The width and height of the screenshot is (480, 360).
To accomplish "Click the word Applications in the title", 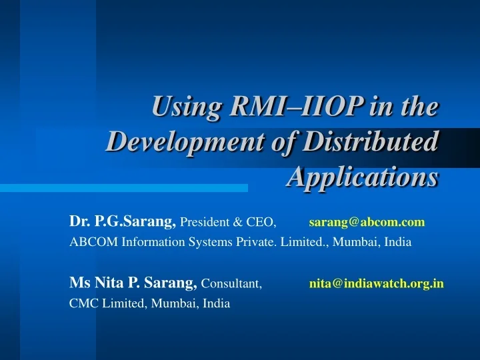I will point(363,177).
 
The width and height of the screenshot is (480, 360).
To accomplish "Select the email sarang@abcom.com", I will point(367,221).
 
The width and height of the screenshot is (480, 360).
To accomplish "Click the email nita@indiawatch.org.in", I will point(376,283).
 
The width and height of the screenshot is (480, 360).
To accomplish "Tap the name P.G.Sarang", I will point(135,221).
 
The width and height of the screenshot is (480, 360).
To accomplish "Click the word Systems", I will point(208,242).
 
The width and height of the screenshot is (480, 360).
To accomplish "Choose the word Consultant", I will point(231,284).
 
